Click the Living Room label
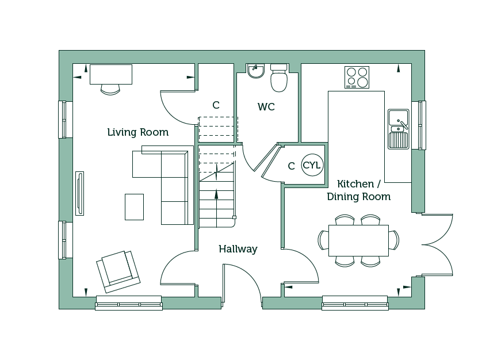(x=137, y=132)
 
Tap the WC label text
(x=266, y=107)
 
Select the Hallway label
(x=238, y=248)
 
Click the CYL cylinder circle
(x=312, y=165)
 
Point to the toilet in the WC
(x=279, y=78)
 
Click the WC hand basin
(x=256, y=71)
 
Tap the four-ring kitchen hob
(x=357, y=77)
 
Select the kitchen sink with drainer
(x=399, y=129)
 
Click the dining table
(x=358, y=240)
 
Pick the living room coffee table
(x=135, y=207)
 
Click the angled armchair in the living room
(x=118, y=271)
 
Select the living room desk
(x=111, y=74)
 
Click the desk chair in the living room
(x=110, y=90)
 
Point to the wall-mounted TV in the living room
(x=79, y=193)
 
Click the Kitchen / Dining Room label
(x=359, y=190)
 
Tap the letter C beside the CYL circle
(x=291, y=166)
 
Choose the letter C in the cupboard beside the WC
(x=216, y=105)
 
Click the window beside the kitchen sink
(x=419, y=125)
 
